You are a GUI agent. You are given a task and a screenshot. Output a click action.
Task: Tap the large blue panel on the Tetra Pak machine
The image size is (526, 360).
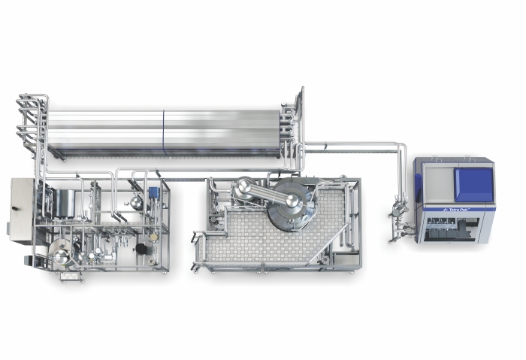[x=473, y=185]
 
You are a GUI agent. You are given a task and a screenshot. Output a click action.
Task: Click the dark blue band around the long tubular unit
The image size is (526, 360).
[x=164, y=132]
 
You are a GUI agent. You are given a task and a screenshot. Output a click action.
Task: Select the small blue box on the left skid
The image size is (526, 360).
[x=153, y=192]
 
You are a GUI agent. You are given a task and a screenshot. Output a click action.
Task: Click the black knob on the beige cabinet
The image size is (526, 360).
[x=14, y=208]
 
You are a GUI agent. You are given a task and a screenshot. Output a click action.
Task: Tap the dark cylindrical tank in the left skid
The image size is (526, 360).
[x=64, y=203]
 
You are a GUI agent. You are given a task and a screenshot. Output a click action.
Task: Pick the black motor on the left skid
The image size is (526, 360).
[x=141, y=248]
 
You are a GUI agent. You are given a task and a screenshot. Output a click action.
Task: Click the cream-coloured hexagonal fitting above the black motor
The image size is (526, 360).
[x=153, y=237]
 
